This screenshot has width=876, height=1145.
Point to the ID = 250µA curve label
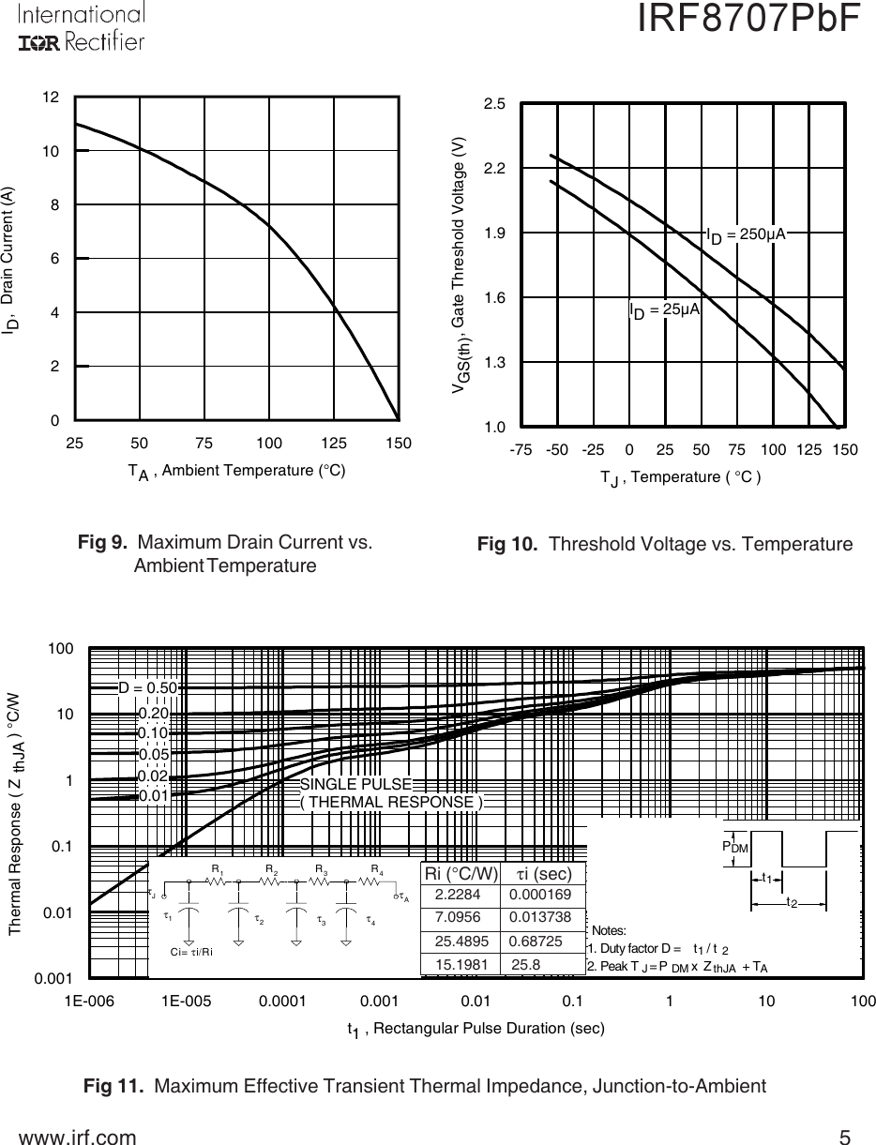click(746, 234)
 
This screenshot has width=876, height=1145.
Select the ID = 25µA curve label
click(665, 309)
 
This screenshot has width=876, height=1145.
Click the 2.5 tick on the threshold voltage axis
click(494, 104)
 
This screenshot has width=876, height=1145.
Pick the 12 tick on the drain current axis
click(52, 97)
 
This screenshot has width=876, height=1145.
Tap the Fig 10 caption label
click(511, 544)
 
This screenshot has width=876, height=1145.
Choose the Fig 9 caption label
click(104, 542)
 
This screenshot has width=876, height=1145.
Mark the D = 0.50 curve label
click(147, 686)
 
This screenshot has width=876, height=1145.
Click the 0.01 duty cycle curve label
click(152, 796)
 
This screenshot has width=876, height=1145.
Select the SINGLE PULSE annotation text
click(355, 783)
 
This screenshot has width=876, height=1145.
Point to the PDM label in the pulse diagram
click(734, 846)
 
